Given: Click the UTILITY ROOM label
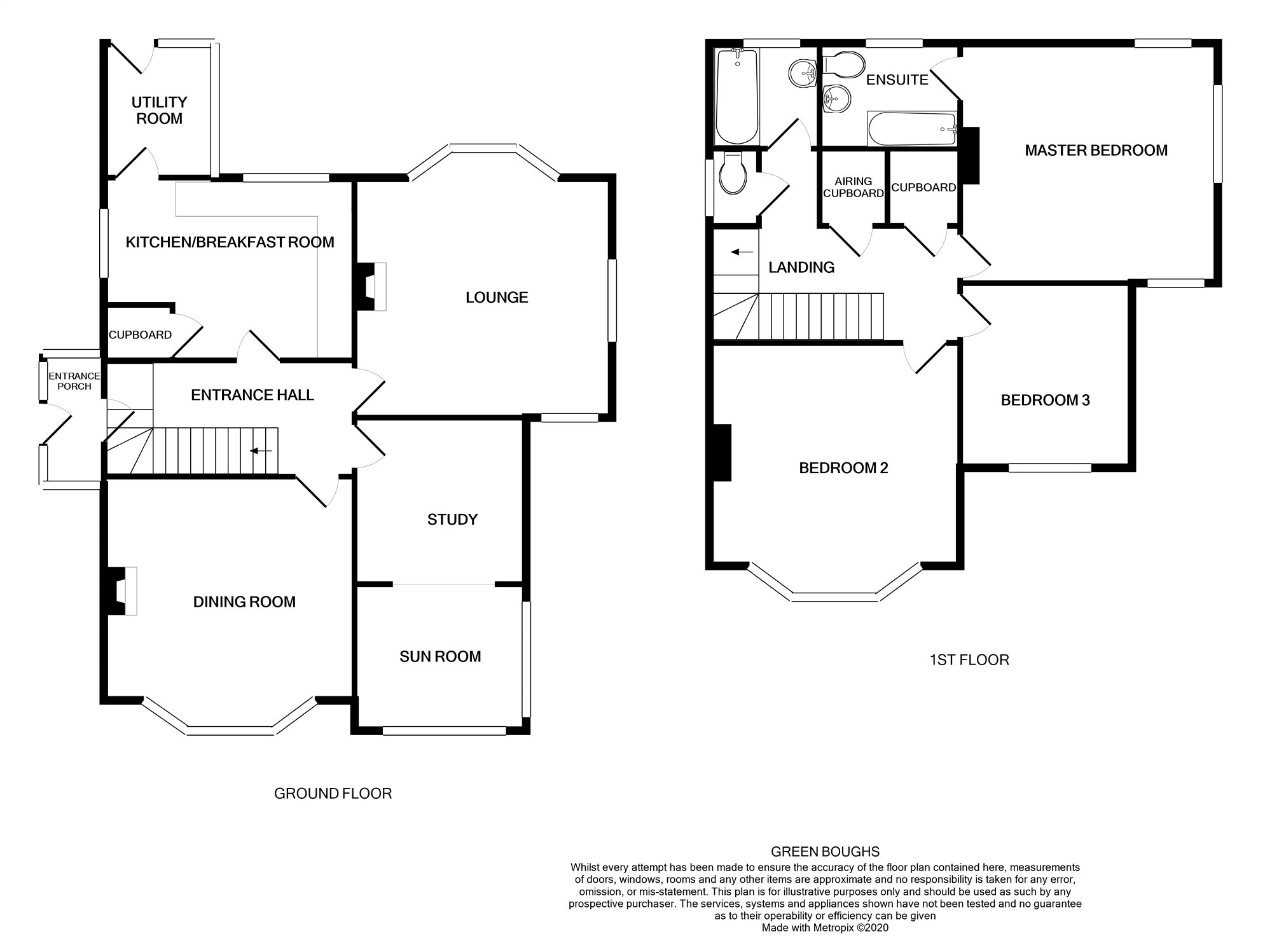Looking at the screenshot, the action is click(159, 111).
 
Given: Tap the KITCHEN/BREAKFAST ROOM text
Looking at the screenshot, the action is click(230, 242).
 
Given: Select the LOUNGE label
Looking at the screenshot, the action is click(497, 298).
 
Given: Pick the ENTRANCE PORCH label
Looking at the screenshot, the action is click(74, 382).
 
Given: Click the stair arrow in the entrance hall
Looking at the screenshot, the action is click(261, 452).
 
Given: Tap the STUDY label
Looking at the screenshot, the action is click(452, 520).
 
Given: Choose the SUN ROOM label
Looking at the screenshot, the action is click(440, 657).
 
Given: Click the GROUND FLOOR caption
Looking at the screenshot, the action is click(333, 794).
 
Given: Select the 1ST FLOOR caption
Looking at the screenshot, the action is click(969, 660).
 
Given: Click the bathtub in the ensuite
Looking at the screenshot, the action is click(912, 129).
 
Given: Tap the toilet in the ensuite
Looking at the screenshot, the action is click(844, 64).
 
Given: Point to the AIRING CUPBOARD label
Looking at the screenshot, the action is click(854, 188).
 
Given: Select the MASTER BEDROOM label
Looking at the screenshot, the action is click(1096, 151).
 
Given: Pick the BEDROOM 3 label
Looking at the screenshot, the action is click(1045, 401).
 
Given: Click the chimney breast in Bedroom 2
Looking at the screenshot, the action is click(722, 452).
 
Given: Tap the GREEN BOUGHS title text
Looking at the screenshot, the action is click(825, 852).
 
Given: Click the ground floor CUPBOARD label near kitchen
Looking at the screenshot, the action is click(140, 335).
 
